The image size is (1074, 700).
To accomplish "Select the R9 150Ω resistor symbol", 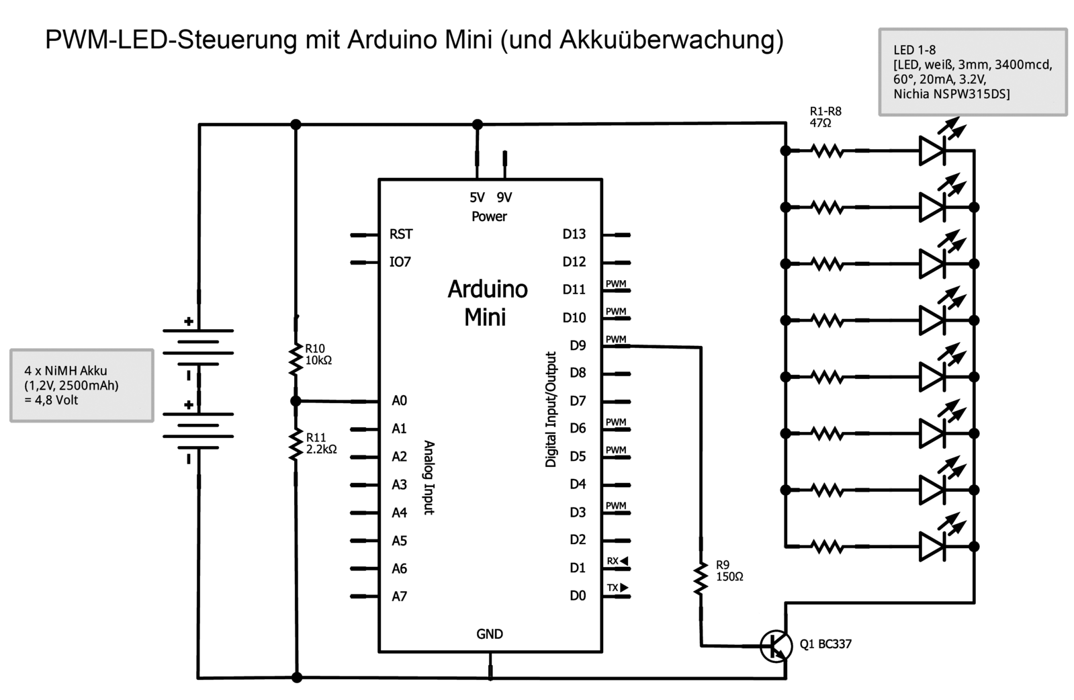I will (701, 578).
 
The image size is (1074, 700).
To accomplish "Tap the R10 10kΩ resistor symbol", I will (296, 359).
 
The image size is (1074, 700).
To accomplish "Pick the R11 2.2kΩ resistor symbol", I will (296, 445).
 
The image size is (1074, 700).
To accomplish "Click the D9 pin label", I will (578, 345).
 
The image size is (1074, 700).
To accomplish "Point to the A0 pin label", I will (399, 401).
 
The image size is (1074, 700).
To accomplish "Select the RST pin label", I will (401, 234).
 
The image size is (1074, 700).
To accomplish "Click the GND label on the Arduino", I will (490, 633).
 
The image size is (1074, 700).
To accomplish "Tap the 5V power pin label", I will (477, 198).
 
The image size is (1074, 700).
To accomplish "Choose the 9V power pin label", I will (504, 198).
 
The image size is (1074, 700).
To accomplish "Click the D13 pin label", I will (574, 234).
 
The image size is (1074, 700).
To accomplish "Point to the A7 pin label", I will (399, 596).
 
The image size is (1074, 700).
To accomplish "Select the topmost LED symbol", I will (932, 150).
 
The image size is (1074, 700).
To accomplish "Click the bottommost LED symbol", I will (932, 546).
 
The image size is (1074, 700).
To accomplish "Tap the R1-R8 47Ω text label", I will (825, 117).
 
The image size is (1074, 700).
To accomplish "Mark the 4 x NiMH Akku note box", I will (82, 385).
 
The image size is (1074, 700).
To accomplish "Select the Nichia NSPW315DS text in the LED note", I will (951, 94).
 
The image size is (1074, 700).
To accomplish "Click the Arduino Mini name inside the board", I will (487, 302).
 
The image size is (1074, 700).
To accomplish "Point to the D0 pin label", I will (578, 596).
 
